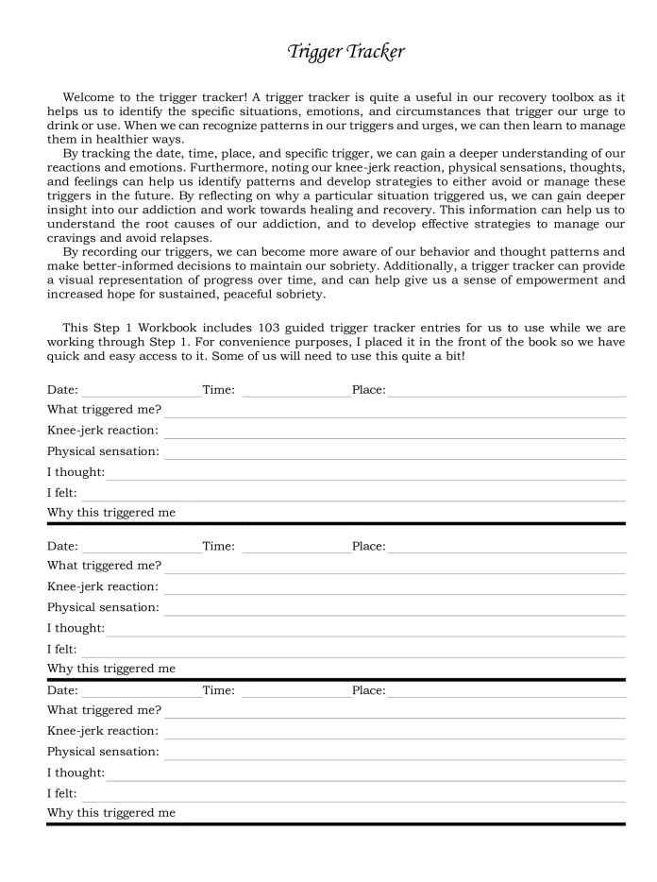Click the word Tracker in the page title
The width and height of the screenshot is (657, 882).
point(375,52)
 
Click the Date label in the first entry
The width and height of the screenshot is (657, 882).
point(62,389)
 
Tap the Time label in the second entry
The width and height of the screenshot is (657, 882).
point(218,546)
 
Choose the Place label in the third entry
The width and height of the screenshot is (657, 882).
point(368,690)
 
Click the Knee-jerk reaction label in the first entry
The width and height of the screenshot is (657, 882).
point(103,431)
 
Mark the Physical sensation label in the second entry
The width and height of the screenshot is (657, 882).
point(103,607)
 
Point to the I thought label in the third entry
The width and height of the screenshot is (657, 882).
point(76,772)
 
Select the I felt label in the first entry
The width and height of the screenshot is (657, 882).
point(61,493)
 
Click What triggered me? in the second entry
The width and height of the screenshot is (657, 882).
point(104,566)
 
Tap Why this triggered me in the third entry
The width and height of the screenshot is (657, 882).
point(110,812)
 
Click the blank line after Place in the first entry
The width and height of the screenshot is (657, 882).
point(506,392)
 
